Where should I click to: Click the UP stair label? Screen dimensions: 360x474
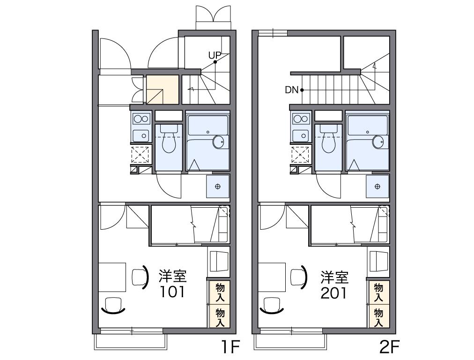pyautogui.click(x=215, y=55)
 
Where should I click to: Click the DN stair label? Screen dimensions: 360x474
pyautogui.click(x=291, y=90)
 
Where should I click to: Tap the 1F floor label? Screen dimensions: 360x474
pyautogui.click(x=230, y=347)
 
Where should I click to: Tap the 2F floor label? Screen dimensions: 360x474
pyautogui.click(x=389, y=347)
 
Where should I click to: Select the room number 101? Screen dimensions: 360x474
pyautogui.click(x=173, y=292)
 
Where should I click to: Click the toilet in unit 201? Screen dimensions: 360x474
pyautogui.click(x=328, y=141)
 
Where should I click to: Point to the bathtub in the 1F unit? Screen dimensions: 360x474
pyautogui.click(x=207, y=141)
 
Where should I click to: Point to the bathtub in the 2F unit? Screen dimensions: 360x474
pyautogui.click(x=368, y=141)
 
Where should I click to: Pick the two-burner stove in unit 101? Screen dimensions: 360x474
pyautogui.click(x=141, y=119)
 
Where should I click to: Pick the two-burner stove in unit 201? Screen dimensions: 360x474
pyautogui.click(x=301, y=119)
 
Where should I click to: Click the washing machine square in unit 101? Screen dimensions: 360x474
pyautogui.click(x=218, y=186)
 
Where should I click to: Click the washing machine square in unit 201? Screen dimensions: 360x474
pyautogui.click(x=378, y=186)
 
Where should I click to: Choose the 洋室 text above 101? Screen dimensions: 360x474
pyautogui.click(x=173, y=276)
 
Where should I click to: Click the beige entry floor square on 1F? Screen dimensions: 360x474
pyautogui.click(x=163, y=89)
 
